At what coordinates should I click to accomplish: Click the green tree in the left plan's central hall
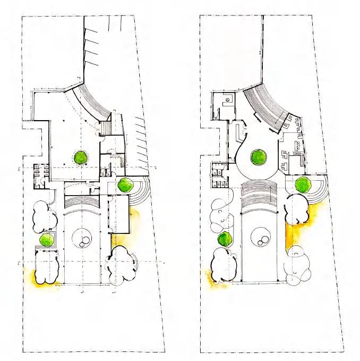tap(81, 157)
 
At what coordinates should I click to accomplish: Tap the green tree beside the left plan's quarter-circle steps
tap(125, 185)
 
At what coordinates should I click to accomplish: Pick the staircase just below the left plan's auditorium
tap(105, 128)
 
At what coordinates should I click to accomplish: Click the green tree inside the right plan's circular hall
tap(259, 157)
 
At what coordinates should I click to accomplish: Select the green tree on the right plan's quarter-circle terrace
tap(303, 184)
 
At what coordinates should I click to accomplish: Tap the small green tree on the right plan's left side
tap(225, 239)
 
